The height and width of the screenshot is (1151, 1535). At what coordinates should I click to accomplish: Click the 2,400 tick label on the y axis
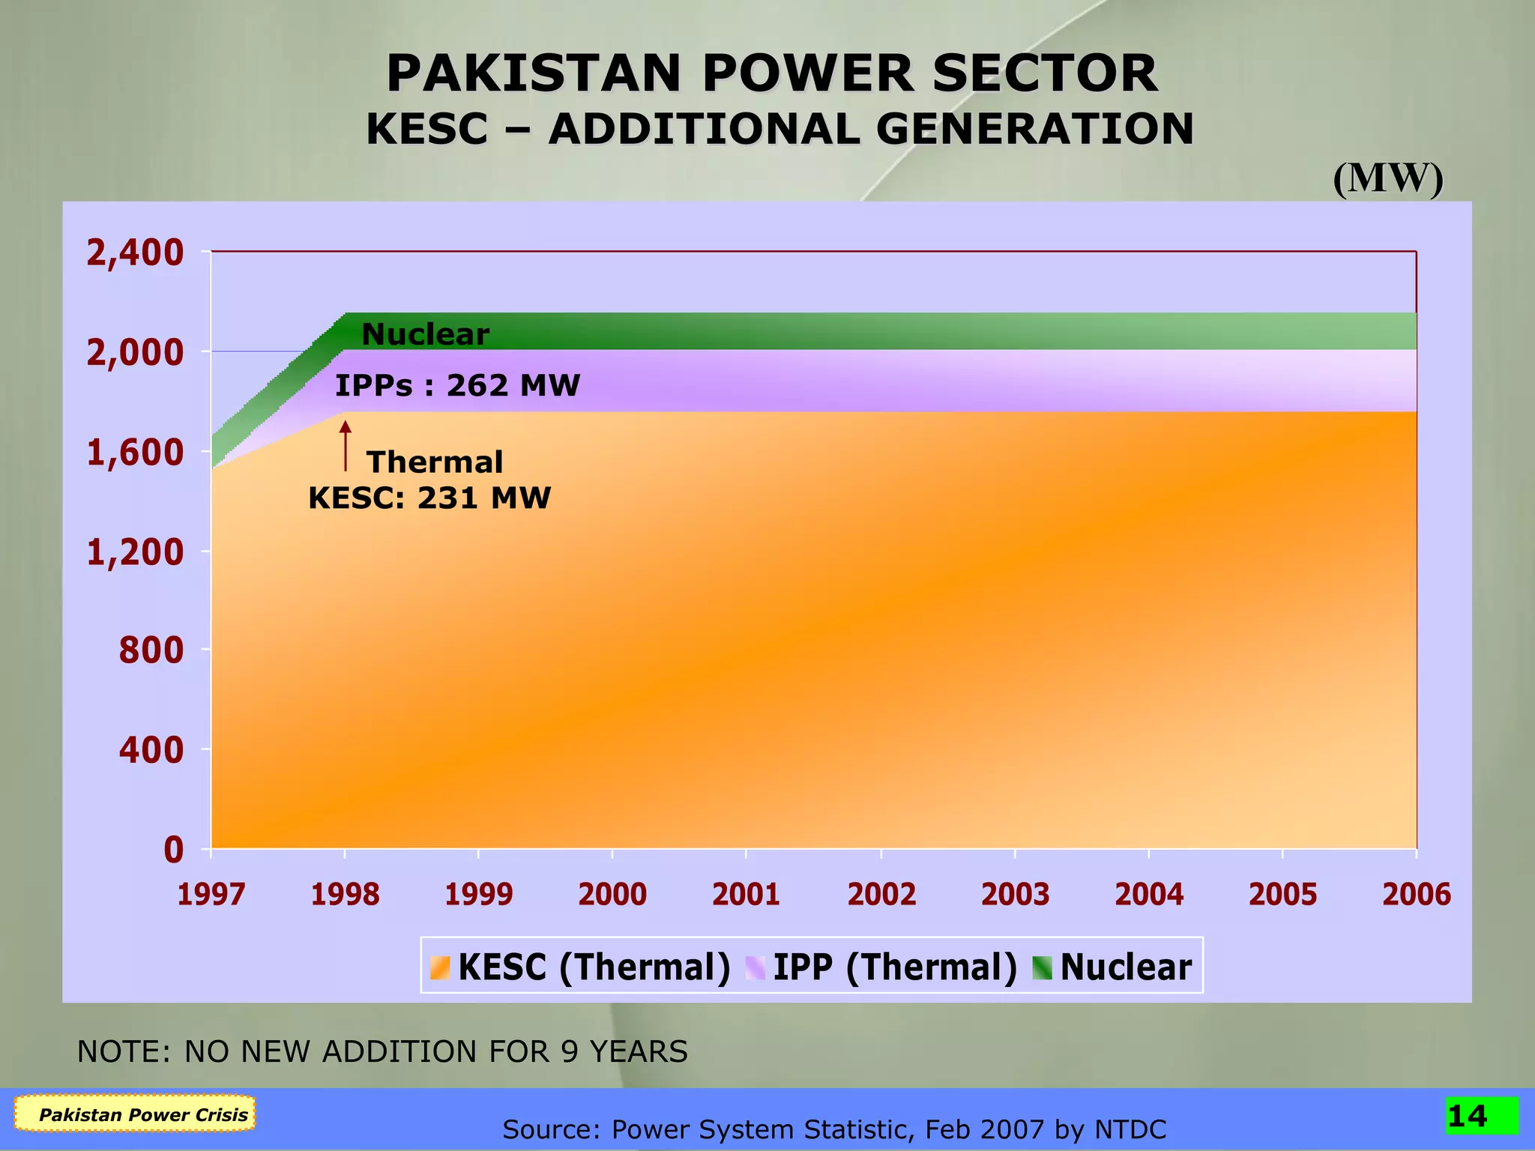pyautogui.click(x=135, y=253)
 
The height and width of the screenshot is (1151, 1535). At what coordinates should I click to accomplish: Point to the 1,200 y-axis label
pyautogui.click(x=135, y=553)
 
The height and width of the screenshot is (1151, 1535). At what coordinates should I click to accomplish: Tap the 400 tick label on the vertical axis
pyautogui.click(x=151, y=750)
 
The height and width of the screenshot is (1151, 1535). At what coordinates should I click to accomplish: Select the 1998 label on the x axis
pyautogui.click(x=345, y=895)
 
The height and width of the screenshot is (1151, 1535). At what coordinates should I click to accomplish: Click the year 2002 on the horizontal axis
pyautogui.click(x=881, y=895)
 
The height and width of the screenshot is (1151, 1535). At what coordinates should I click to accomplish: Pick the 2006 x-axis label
pyautogui.click(x=1416, y=895)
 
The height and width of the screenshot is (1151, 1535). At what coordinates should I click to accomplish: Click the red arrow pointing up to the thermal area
pyautogui.click(x=346, y=446)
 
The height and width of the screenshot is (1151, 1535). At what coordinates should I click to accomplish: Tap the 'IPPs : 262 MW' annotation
pyautogui.click(x=457, y=386)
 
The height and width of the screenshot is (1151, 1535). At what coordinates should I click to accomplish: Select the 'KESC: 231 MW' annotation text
pyautogui.click(x=429, y=498)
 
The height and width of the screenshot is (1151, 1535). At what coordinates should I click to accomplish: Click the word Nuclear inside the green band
pyautogui.click(x=425, y=334)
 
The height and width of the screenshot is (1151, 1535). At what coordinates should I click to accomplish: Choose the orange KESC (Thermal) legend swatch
pyautogui.click(x=440, y=967)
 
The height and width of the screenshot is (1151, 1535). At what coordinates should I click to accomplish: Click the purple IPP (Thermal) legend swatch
pyautogui.click(x=756, y=967)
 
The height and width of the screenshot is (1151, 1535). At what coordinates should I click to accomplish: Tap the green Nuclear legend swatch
pyautogui.click(x=1042, y=967)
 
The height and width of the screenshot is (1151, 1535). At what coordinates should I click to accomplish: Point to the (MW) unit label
pyautogui.click(x=1387, y=179)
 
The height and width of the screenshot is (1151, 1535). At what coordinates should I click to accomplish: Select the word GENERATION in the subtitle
pyautogui.click(x=1034, y=129)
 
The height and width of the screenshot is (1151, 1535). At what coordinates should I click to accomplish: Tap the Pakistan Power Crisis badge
pyautogui.click(x=136, y=1114)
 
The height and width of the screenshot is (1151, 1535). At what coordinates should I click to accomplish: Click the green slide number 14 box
pyautogui.click(x=1481, y=1116)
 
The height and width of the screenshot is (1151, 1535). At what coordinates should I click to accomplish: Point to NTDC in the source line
pyautogui.click(x=1130, y=1129)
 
